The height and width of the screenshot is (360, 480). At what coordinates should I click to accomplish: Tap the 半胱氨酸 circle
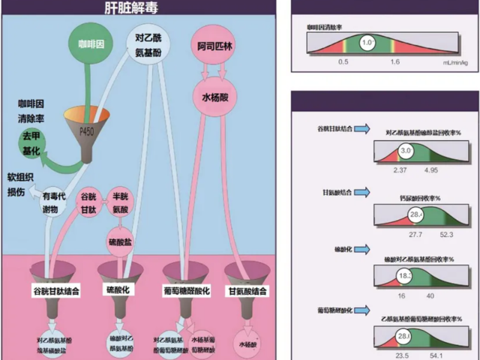122,201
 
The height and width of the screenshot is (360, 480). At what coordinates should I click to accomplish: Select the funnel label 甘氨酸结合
245,289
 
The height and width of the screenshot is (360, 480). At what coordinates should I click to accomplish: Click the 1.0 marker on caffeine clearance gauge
367,43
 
